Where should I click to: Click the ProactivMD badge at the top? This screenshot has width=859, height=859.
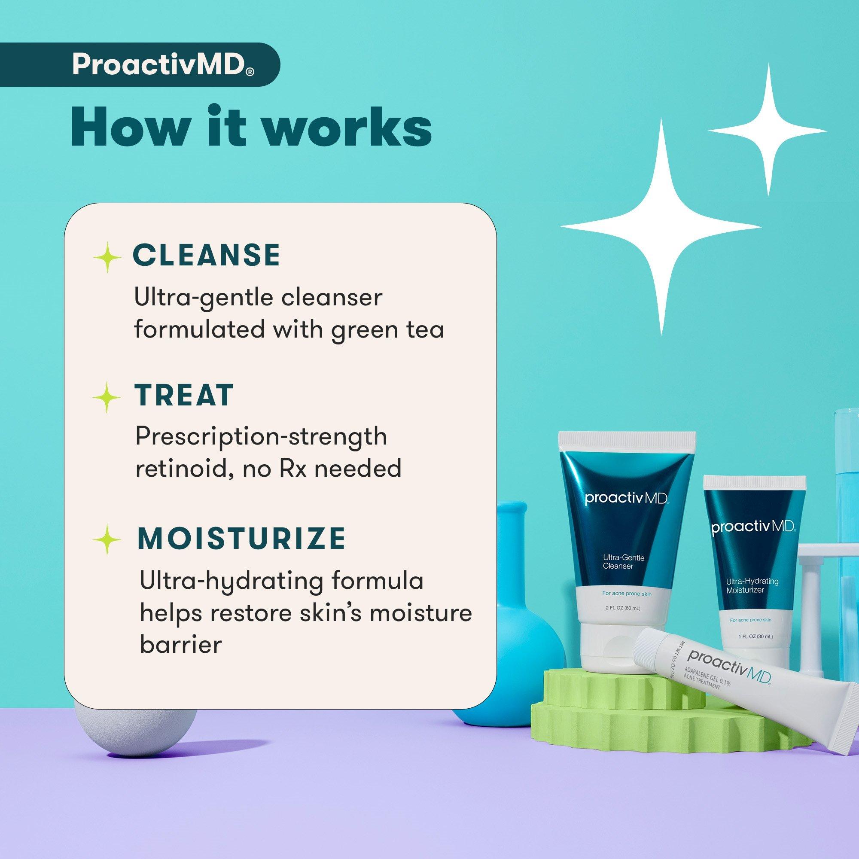point(140,64)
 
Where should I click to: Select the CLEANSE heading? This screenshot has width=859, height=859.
point(207,255)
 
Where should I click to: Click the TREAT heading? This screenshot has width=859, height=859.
point(184,395)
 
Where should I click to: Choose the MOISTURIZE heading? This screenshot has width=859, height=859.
point(241,538)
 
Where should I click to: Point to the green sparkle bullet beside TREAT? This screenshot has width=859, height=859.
point(107,396)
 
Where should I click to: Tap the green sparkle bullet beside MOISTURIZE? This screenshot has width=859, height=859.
point(107,539)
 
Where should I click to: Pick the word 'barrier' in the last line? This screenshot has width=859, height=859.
point(180,644)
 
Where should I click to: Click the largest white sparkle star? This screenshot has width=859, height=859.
point(661,227)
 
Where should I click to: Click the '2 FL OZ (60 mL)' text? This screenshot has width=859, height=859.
point(623,608)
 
